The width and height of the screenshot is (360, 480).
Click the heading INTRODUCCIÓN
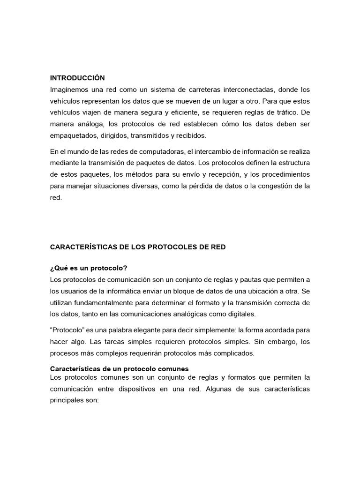(x=77, y=78)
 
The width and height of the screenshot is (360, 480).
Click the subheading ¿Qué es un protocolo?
(x=89, y=268)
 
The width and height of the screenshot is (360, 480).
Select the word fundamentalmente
(x=107, y=303)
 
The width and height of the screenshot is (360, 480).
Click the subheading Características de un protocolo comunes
(x=119, y=369)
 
